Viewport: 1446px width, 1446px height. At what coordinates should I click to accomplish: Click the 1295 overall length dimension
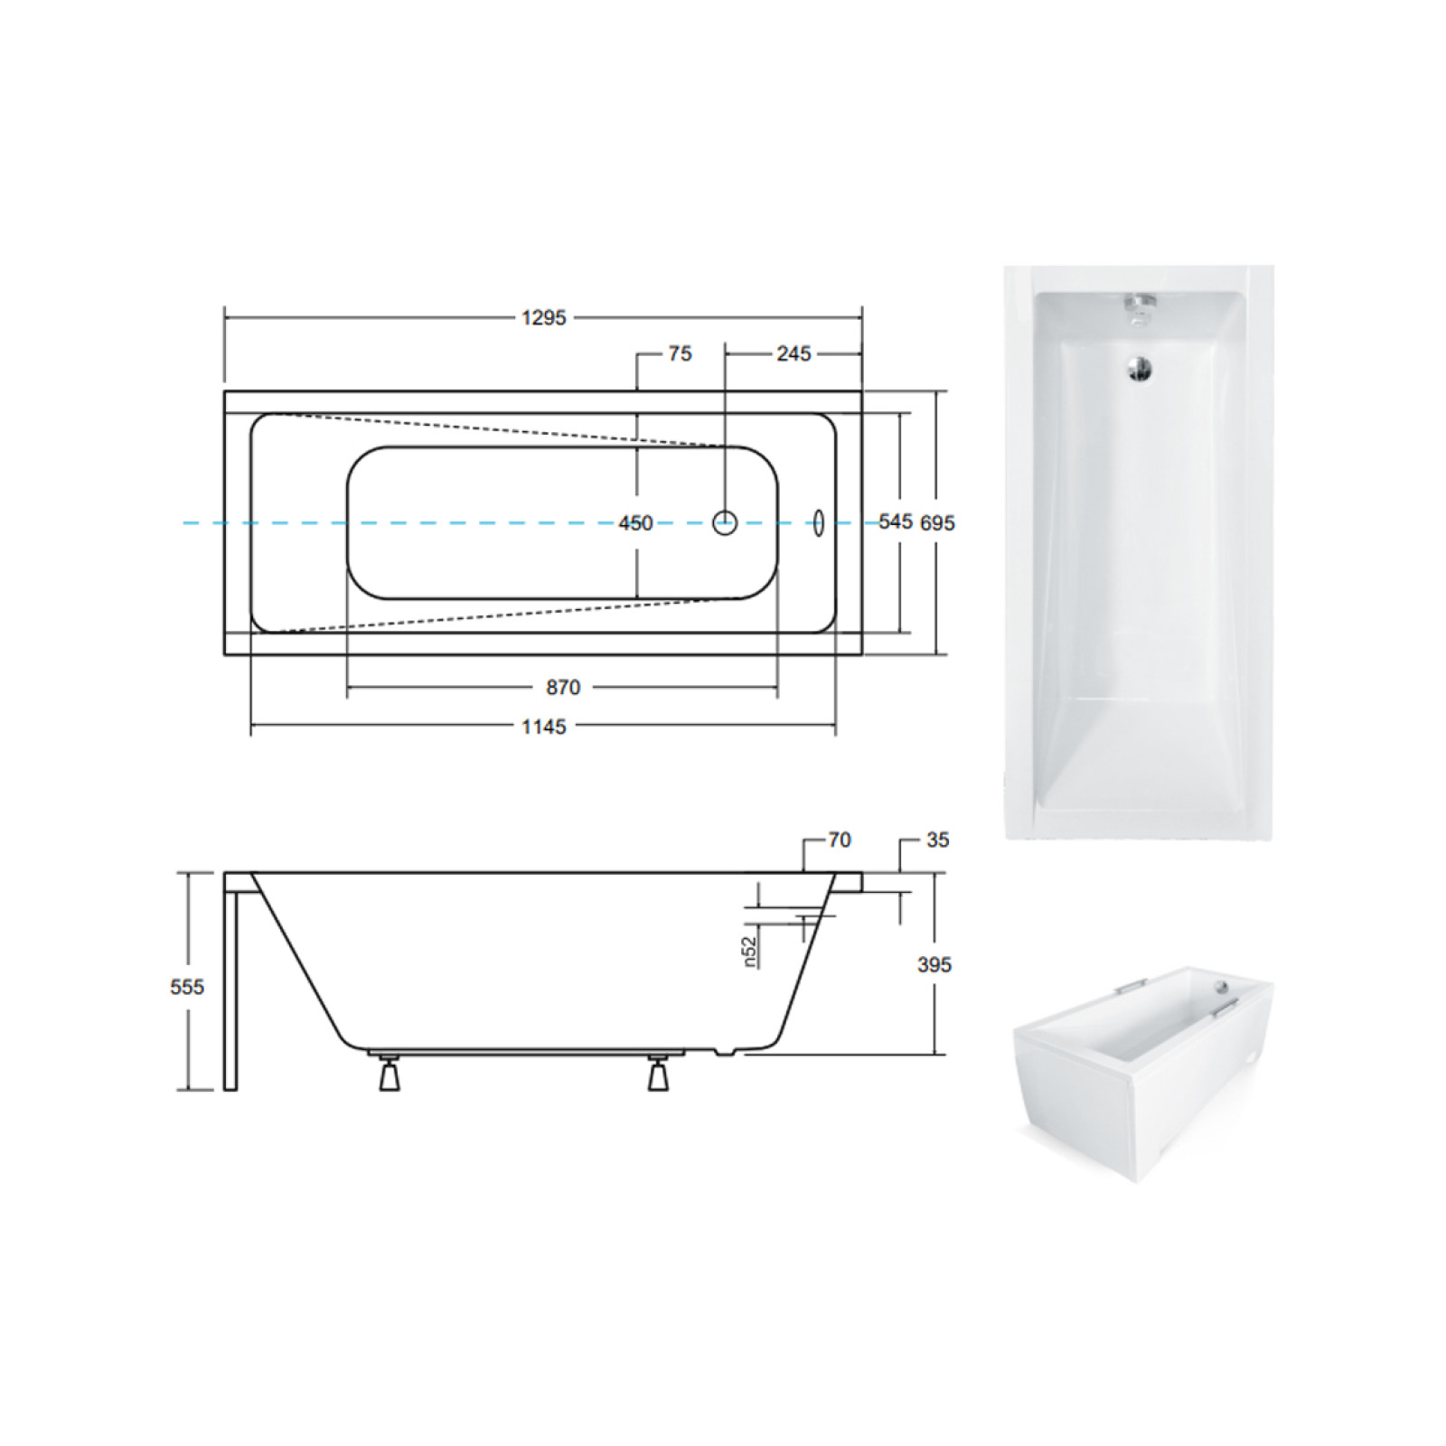tap(543, 318)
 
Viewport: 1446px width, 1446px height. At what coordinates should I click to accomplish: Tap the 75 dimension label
tap(681, 354)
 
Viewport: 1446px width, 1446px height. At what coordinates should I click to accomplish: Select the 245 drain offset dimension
tap(793, 354)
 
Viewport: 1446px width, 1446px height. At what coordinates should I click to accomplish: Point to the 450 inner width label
tap(635, 523)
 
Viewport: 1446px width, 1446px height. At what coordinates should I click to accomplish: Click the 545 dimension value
tap(896, 521)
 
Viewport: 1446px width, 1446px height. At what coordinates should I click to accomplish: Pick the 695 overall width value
tap(937, 523)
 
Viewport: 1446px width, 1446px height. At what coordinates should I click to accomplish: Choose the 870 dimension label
tap(563, 688)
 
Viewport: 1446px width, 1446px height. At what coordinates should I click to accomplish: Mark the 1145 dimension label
tap(543, 727)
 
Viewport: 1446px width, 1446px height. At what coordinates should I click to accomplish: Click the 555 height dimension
tap(187, 987)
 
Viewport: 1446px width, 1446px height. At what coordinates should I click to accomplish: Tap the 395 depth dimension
tap(934, 965)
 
